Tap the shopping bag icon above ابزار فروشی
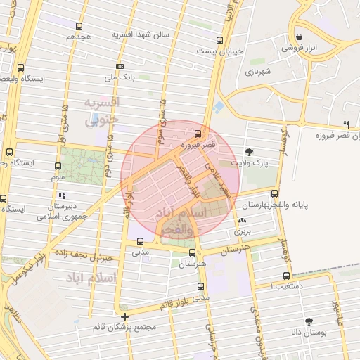tap(300, 37)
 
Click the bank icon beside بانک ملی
tap(120, 65)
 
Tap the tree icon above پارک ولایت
tap(250, 151)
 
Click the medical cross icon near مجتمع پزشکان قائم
tap(124, 316)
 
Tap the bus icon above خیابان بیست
tap(220, 40)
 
